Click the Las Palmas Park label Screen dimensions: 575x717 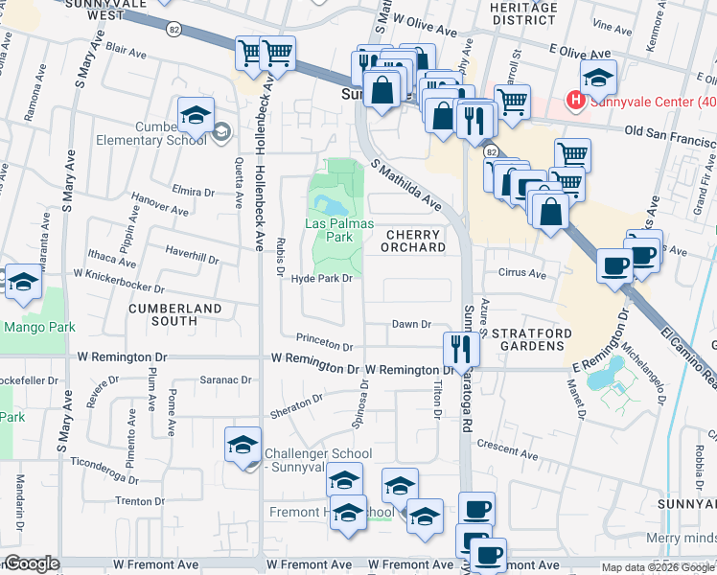point(329,229)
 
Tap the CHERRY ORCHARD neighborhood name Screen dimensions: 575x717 point(416,241)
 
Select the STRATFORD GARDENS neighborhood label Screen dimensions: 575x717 point(532,340)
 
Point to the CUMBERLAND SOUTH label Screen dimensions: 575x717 point(175,314)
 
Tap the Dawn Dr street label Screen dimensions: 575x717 point(412,325)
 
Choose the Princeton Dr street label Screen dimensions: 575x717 point(324,340)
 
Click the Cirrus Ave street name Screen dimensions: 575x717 point(522,273)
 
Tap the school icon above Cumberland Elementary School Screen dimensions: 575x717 point(195,115)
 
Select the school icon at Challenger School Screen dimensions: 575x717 point(243,444)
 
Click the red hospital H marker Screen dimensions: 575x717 point(575,99)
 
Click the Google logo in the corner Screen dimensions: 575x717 point(32,563)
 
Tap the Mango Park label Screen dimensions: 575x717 point(33,327)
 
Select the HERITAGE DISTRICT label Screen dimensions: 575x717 point(523,13)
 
